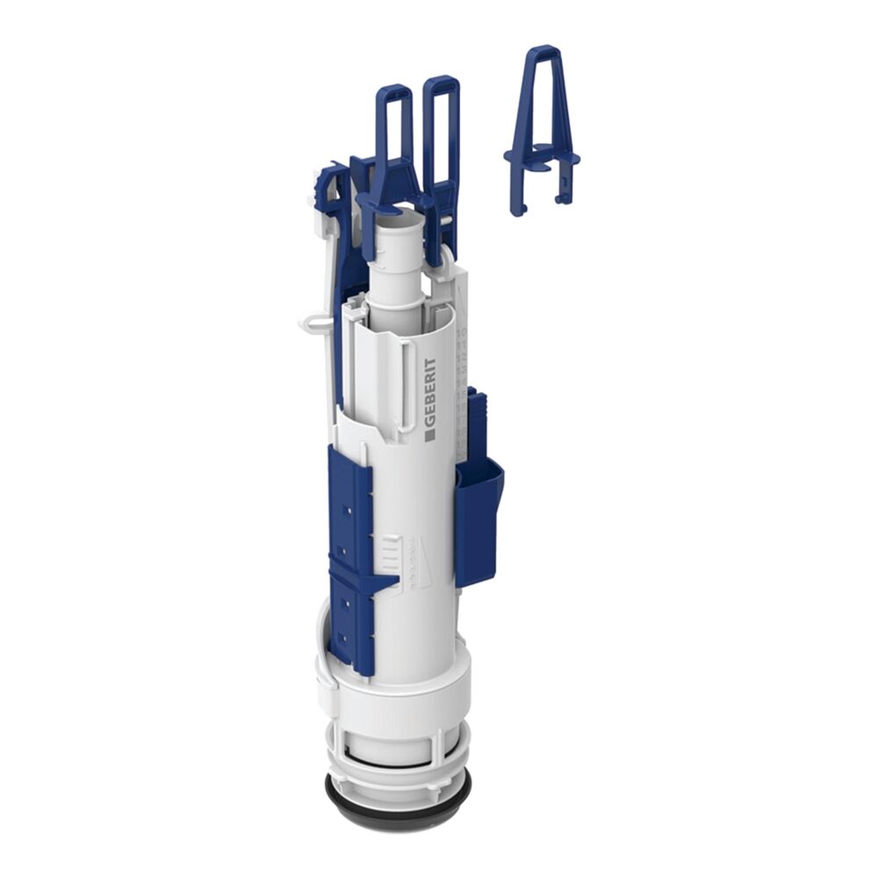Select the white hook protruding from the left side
(x=314, y=324)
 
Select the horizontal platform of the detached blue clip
(x=542, y=158)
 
